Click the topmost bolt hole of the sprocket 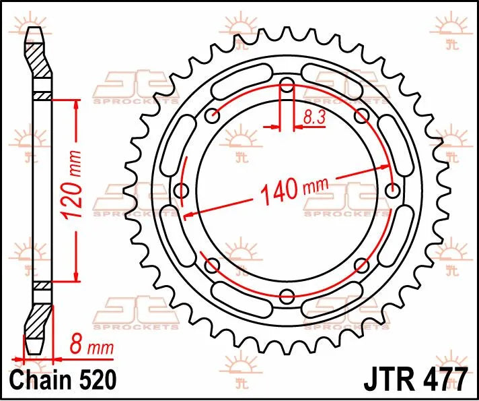[287, 85]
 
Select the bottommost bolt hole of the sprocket [287, 295]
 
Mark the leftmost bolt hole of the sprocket [181, 191]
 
